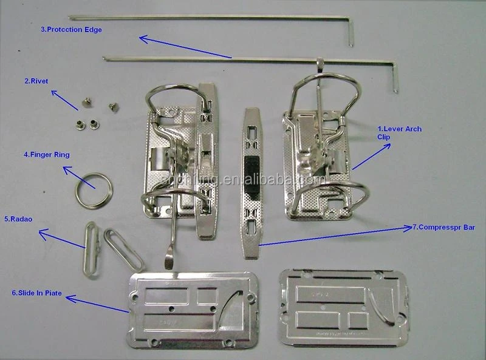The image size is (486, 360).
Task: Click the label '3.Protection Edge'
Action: tap(71, 29)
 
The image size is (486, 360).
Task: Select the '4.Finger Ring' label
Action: tap(46, 155)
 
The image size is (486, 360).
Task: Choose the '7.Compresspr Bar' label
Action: tap(444, 227)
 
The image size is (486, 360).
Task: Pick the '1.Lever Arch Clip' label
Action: tap(399, 133)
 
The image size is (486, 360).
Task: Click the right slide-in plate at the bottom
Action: tap(343, 308)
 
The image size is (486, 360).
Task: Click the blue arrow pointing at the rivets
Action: tap(64, 100)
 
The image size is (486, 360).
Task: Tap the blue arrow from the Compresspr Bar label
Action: tap(334, 236)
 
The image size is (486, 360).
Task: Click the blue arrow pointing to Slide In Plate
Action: tap(97, 304)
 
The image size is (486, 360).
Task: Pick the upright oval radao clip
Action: tap(91, 250)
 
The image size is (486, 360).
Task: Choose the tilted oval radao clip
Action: tap(123, 250)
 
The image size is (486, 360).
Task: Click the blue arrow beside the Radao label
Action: tap(61, 239)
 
